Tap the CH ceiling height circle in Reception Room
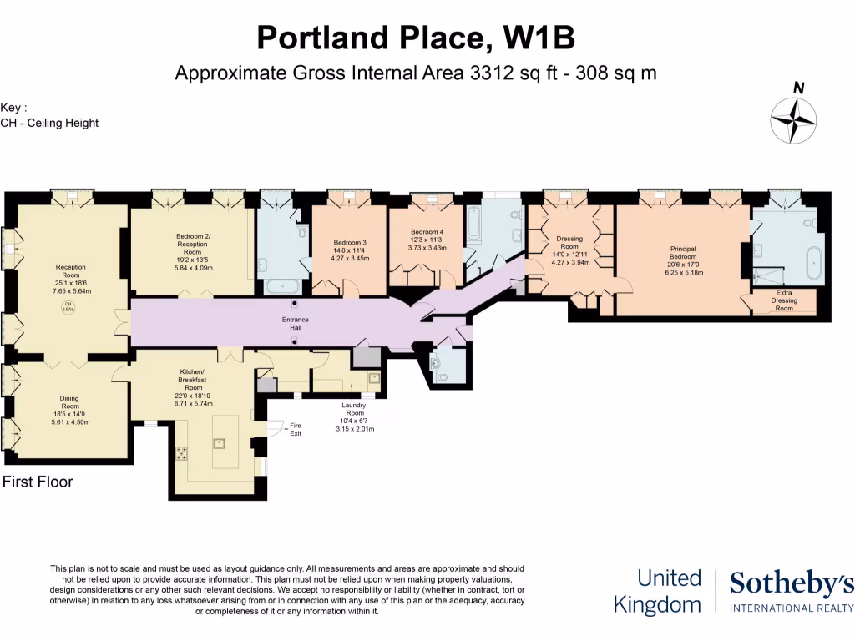point(68,306)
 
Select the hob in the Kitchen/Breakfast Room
point(180,452)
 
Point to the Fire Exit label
point(296,430)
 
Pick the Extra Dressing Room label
point(783,301)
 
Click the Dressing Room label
point(569,243)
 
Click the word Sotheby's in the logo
point(792,584)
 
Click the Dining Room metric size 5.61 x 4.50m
point(69,422)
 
